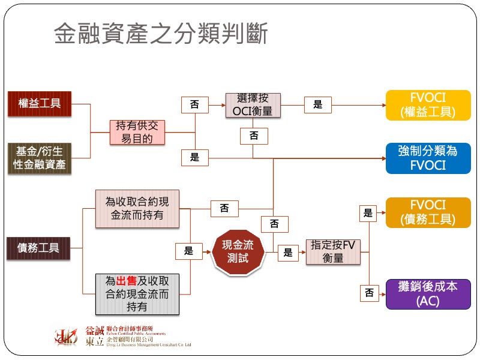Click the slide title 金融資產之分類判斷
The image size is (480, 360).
click(x=161, y=34)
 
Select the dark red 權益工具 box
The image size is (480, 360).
click(x=39, y=103)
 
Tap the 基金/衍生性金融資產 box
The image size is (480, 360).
click(x=39, y=158)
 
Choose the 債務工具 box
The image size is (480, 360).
click(x=39, y=248)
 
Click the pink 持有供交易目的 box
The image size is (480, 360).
click(x=139, y=132)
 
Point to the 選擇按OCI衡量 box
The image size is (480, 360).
click(x=253, y=104)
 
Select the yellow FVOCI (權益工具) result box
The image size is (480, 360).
click(x=428, y=105)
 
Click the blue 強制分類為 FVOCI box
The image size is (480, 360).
click(x=428, y=158)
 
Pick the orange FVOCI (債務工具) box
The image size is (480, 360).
click(x=428, y=212)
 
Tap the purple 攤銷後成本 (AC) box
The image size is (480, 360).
click(x=428, y=294)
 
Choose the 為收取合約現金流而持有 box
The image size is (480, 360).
click(x=137, y=209)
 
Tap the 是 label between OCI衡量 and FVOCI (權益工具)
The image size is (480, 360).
click(x=317, y=105)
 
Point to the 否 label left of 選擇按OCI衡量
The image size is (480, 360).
click(x=194, y=105)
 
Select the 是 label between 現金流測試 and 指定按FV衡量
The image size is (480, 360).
click(x=288, y=253)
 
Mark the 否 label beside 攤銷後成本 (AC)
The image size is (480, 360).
click(x=368, y=293)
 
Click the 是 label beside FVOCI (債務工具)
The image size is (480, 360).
click(x=368, y=213)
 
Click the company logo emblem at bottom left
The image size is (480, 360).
click(x=66, y=337)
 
